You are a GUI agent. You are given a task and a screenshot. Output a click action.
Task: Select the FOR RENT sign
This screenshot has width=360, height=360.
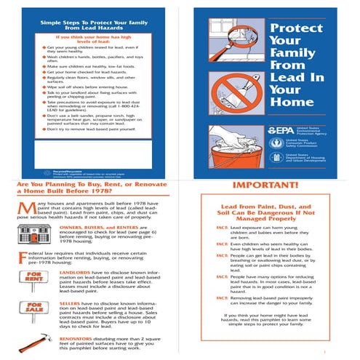pos(33,277)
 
